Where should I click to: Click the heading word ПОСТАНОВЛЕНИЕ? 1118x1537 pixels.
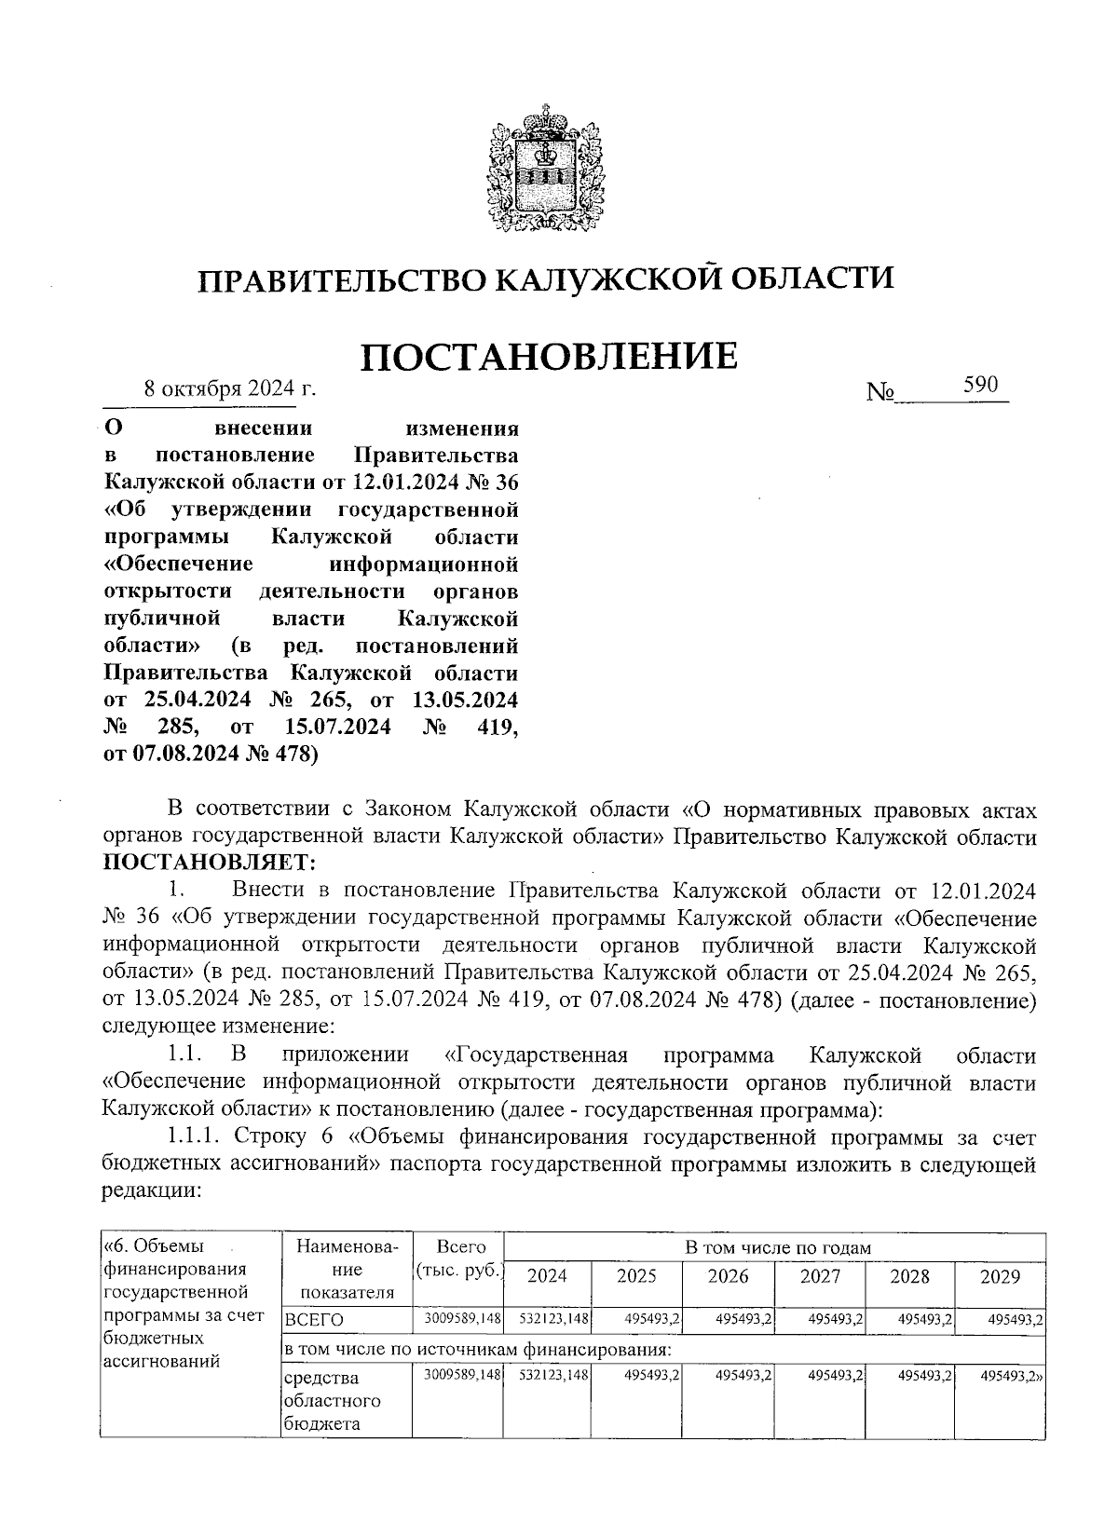pyautogui.click(x=549, y=357)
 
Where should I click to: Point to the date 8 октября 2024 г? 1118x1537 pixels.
pyautogui.click(x=229, y=388)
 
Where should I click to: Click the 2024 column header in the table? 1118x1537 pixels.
pyautogui.click(x=547, y=1276)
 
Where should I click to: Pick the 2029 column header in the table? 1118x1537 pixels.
pyautogui.click(x=1000, y=1276)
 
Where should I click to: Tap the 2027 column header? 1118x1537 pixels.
pyautogui.click(x=819, y=1276)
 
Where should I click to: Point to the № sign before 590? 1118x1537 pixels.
pyautogui.click(x=879, y=393)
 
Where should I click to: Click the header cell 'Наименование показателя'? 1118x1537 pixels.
pyautogui.click(x=347, y=1269)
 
